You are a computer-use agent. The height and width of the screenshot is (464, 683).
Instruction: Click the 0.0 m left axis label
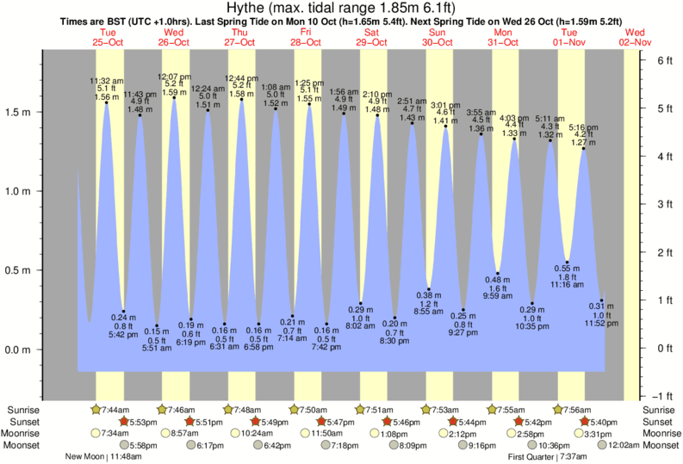tap(18, 350)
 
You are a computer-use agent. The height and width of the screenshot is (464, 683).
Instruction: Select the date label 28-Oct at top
tap(306, 42)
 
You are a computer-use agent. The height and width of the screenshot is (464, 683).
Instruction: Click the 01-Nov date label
tap(570, 42)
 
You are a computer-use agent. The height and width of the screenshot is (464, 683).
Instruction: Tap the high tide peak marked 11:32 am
tap(106, 103)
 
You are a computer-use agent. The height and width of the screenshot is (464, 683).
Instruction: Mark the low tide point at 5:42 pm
tap(123, 312)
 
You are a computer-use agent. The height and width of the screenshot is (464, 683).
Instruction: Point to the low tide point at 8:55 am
tap(429, 289)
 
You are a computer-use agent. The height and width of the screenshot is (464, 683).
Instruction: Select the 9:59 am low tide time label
tap(497, 297)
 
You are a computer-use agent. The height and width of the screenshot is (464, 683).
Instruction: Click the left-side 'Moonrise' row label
tap(27, 433)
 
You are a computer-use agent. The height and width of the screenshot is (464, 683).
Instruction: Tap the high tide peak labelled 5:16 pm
tap(584, 149)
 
